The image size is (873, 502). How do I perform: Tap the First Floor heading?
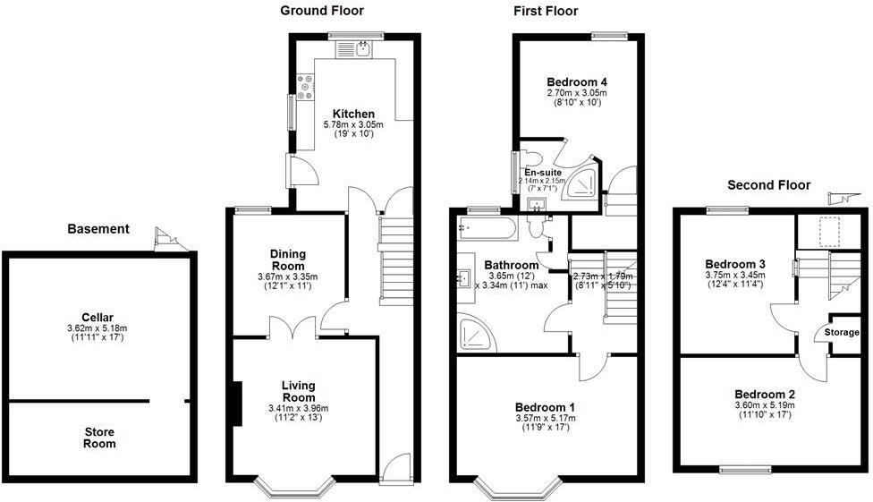point(545,11)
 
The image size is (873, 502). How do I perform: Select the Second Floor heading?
point(768,185)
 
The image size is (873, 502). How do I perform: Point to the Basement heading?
point(98,229)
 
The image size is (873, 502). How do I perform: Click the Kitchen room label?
point(353,114)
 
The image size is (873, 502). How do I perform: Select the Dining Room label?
point(287,260)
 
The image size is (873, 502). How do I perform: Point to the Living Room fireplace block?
point(236,403)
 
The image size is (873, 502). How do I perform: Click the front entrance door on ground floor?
point(394,467)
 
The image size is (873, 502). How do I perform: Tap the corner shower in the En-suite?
point(584,180)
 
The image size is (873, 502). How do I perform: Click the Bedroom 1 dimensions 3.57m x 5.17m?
point(544,419)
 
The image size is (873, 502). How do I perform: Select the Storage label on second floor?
point(842,333)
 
